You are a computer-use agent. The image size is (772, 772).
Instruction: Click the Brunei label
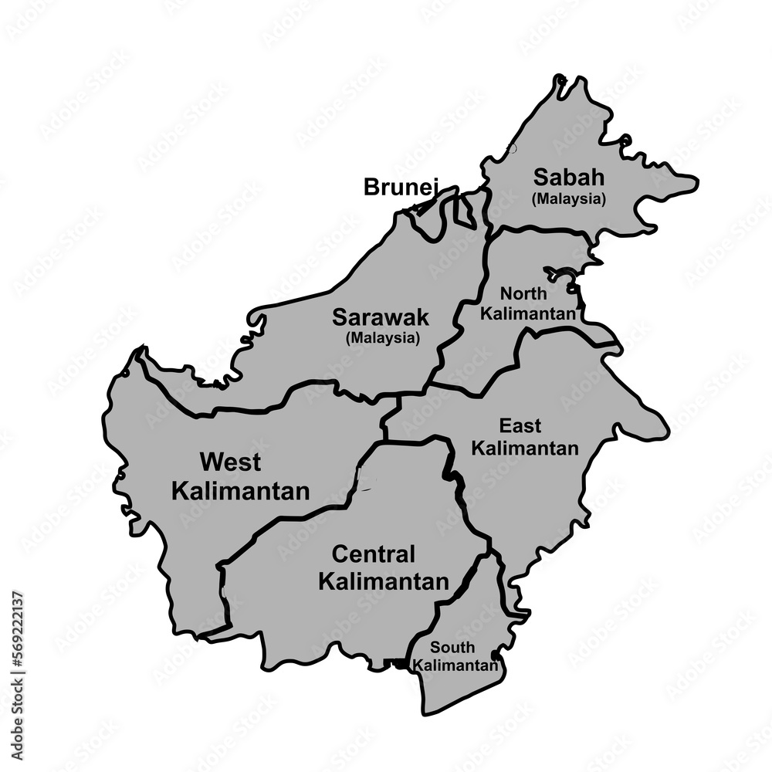point(401,187)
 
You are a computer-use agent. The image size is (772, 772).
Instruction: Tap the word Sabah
point(569,178)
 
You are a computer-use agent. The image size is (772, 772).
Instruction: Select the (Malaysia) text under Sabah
point(569,198)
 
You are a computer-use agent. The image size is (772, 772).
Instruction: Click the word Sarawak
point(381,317)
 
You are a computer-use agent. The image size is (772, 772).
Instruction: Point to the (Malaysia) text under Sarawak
point(383,337)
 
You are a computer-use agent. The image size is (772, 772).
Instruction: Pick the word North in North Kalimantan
point(524,294)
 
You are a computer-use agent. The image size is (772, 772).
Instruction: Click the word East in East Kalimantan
point(520,425)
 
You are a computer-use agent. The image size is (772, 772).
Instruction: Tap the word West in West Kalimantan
point(230,462)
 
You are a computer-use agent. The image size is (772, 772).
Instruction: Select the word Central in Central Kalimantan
point(374,554)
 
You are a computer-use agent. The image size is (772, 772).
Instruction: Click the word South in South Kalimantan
point(453,648)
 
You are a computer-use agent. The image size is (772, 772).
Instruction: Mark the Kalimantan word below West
point(240,490)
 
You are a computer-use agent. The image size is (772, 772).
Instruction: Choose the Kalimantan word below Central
point(383,581)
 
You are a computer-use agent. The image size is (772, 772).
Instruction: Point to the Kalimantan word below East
point(525,448)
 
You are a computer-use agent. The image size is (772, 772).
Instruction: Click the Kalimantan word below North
point(529,314)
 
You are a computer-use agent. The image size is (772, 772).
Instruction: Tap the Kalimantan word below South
point(455,665)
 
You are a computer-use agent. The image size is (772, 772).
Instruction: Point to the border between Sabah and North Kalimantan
point(540,229)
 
